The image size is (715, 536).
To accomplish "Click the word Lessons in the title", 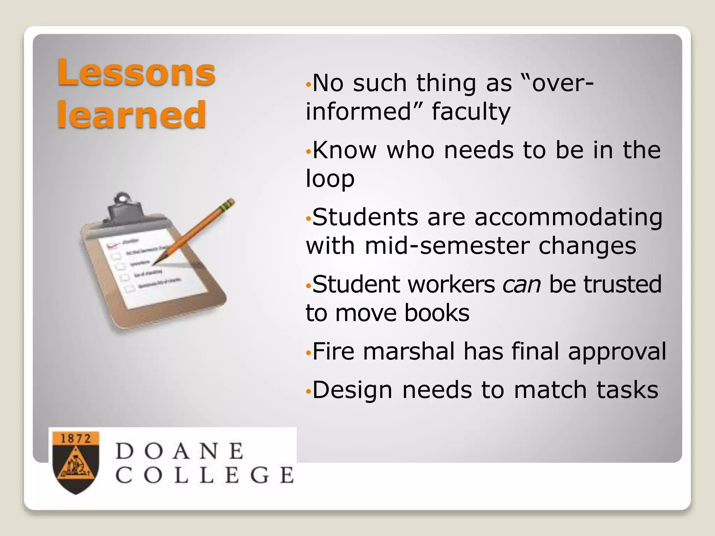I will click(136, 72).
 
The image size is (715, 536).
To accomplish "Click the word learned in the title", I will click(131, 114).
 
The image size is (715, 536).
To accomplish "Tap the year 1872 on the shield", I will click(76, 438).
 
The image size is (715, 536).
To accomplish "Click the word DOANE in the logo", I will click(179, 451).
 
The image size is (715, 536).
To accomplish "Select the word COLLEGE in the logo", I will click(205, 475).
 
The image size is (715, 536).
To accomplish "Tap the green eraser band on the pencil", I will click(229, 203).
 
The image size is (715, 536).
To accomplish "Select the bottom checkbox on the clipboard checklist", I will click(130, 289).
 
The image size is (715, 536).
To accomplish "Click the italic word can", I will click(522, 284).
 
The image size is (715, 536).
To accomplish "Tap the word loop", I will click(330, 178).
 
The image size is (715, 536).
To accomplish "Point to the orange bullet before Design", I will click(308, 391).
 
